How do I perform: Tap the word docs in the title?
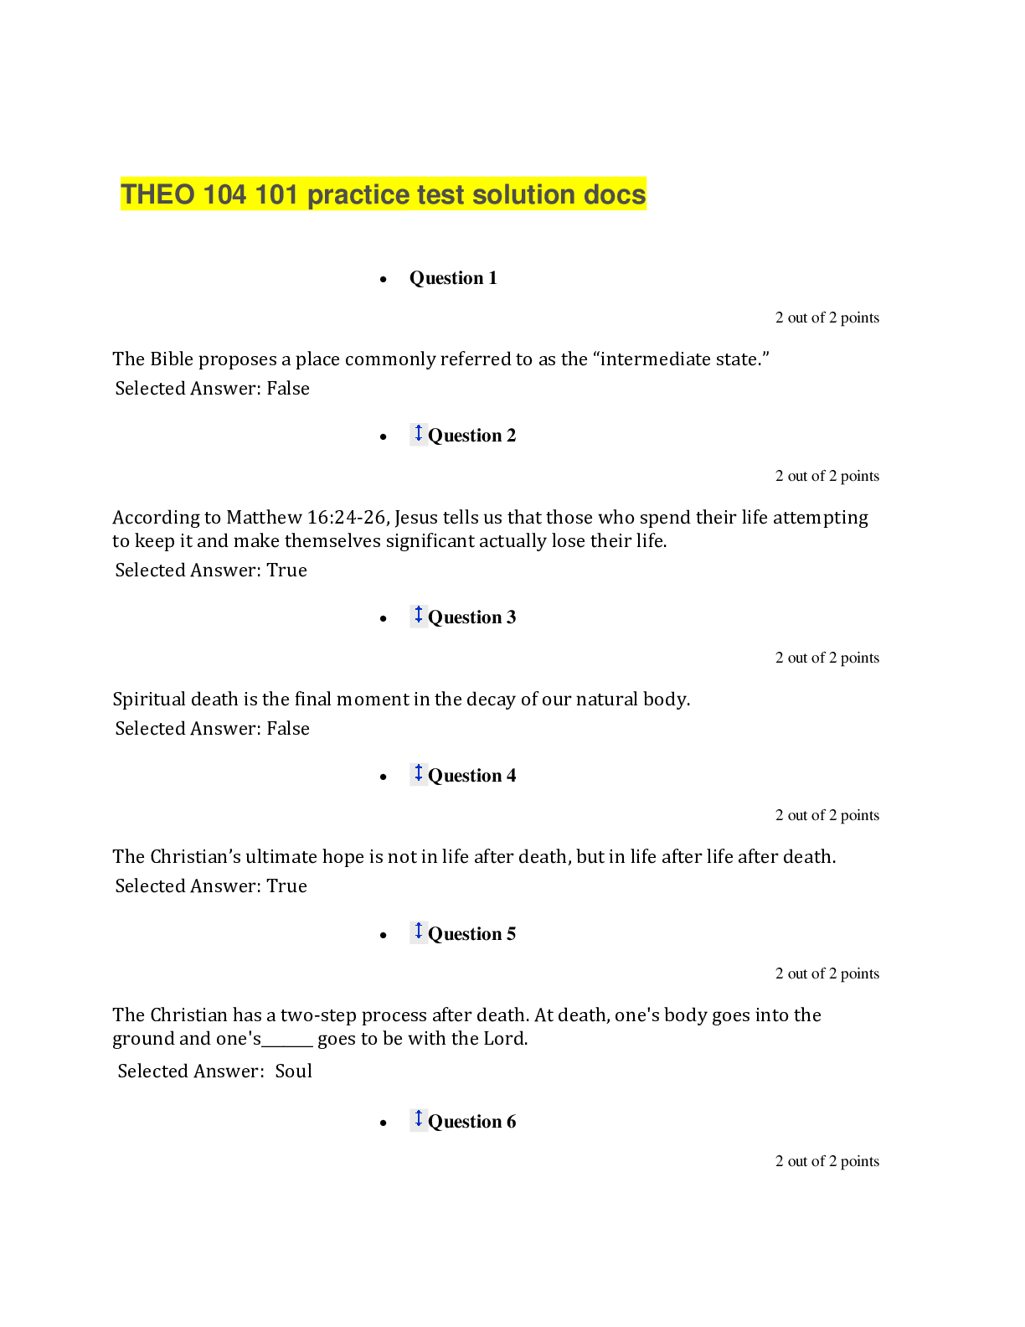coord(615,194)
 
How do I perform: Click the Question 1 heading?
coord(453,278)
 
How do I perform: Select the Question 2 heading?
coord(471,436)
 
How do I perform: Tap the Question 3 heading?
coord(471,617)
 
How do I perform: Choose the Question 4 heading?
coord(471,776)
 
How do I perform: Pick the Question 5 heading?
coord(471,934)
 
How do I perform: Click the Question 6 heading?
coord(471,1122)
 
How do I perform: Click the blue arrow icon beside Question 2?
coord(419,433)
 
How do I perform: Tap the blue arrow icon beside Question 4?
coord(419,772)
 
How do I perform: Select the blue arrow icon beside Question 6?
coord(419,1118)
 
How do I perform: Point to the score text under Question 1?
coord(827,318)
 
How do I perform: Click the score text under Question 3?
coord(827,658)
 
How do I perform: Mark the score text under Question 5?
coord(827,973)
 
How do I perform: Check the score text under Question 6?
coord(827,1161)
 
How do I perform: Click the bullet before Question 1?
coord(384,279)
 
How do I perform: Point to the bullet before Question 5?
coord(384,935)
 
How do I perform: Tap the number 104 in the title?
coord(224,194)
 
